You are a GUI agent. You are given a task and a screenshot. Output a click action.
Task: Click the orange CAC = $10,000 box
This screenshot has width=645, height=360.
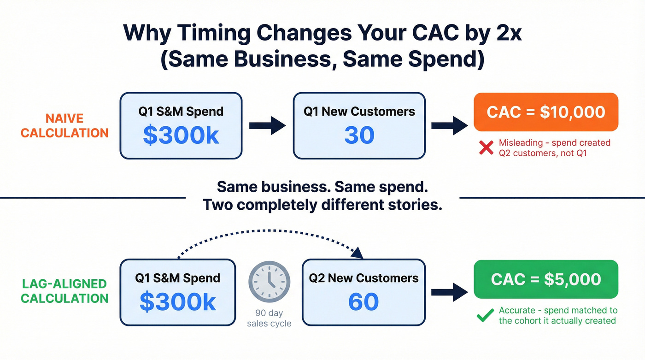pos(545,112)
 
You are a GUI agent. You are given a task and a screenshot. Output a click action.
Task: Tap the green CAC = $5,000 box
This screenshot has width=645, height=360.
pos(545,279)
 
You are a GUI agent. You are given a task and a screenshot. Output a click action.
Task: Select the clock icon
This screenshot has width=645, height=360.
pos(269,283)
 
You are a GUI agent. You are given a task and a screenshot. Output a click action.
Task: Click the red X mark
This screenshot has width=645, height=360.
pos(487,148)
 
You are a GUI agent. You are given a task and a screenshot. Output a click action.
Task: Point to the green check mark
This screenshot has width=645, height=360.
pos(485,316)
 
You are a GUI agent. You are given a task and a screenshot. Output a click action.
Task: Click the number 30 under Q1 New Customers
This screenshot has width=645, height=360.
pos(359,136)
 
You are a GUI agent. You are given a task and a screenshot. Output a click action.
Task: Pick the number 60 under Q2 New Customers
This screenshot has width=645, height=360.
pos(364,302)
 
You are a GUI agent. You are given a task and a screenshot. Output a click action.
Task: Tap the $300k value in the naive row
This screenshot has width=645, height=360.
pos(181,135)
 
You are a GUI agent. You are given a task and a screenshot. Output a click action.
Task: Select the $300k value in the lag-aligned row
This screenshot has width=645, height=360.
pos(178,302)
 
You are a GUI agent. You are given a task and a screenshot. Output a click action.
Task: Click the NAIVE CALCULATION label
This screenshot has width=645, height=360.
pos(64,126)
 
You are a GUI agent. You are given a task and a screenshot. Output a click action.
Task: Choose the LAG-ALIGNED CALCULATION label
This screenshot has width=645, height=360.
pos(64,291)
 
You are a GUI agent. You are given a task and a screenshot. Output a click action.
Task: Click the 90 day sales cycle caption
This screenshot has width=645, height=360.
pos(269,319)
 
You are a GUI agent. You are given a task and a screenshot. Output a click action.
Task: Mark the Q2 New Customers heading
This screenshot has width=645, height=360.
pos(364,278)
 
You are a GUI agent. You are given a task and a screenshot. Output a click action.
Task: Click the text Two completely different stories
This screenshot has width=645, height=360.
pos(322,204)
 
